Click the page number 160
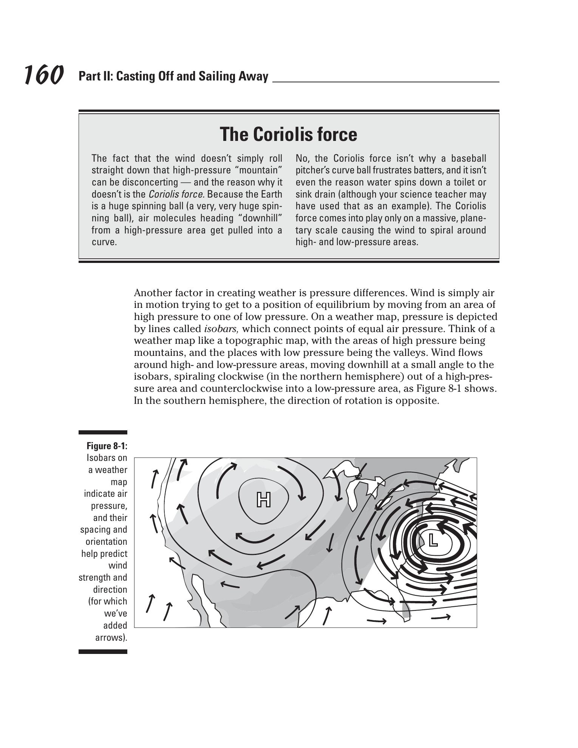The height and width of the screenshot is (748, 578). [43, 75]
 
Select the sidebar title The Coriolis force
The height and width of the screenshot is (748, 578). [288, 134]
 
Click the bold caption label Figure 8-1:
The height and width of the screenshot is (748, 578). [107, 446]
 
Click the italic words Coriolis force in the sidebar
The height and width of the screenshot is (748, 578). [176, 194]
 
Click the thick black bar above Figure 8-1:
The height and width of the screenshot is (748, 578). [103, 432]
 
